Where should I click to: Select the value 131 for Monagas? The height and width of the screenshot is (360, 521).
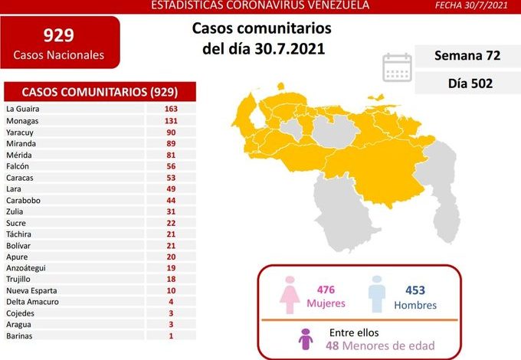tap(170, 120)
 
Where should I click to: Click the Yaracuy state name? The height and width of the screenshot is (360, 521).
tap(20, 132)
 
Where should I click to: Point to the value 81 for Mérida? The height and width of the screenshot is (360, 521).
tap(170, 154)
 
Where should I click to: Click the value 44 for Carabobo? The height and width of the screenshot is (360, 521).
tap(170, 200)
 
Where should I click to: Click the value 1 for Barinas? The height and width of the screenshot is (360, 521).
tap(170, 335)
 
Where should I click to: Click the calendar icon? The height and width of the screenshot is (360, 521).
tap(397, 67)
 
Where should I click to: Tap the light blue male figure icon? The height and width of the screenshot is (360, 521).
tap(377, 293)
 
